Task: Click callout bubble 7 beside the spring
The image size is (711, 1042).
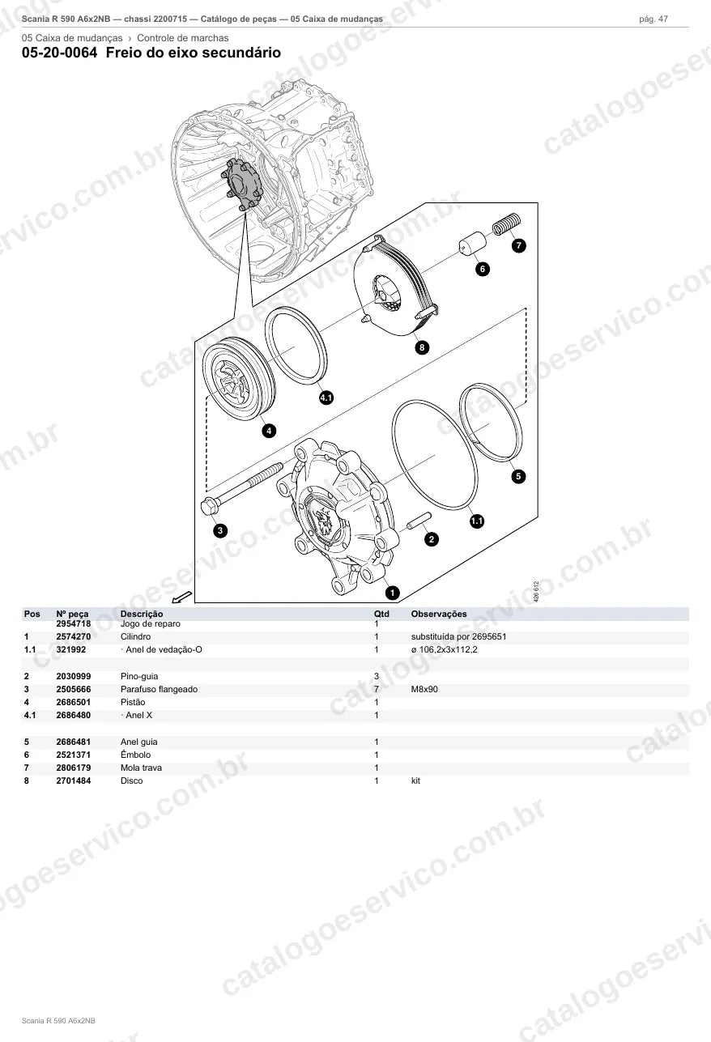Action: click(x=519, y=245)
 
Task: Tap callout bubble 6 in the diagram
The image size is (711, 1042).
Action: click(x=483, y=269)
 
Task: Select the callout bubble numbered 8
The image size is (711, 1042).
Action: click(x=422, y=347)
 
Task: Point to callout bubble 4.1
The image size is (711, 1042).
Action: click(x=326, y=398)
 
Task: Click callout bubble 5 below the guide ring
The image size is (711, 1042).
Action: click(x=518, y=476)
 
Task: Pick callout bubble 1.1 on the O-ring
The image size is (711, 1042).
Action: click(x=477, y=521)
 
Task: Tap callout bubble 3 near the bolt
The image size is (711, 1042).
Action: click(x=220, y=530)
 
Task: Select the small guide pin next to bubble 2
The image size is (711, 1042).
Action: click(x=419, y=521)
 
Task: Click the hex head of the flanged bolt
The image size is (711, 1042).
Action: click(x=209, y=507)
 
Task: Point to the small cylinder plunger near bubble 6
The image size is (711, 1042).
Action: click(x=473, y=243)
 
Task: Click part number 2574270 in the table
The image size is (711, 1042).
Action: click(x=74, y=636)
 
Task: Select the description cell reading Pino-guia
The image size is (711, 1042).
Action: click(x=139, y=676)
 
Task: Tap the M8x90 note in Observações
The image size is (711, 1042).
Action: click(x=424, y=689)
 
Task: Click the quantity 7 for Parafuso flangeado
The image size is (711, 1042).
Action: click(x=377, y=689)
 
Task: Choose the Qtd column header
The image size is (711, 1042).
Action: click(x=381, y=614)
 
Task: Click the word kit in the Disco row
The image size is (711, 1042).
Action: click(x=415, y=781)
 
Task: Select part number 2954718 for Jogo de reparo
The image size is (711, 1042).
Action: click(x=74, y=623)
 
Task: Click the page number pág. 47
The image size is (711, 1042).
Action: click(x=654, y=19)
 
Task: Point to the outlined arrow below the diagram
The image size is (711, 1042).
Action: click(x=181, y=597)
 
